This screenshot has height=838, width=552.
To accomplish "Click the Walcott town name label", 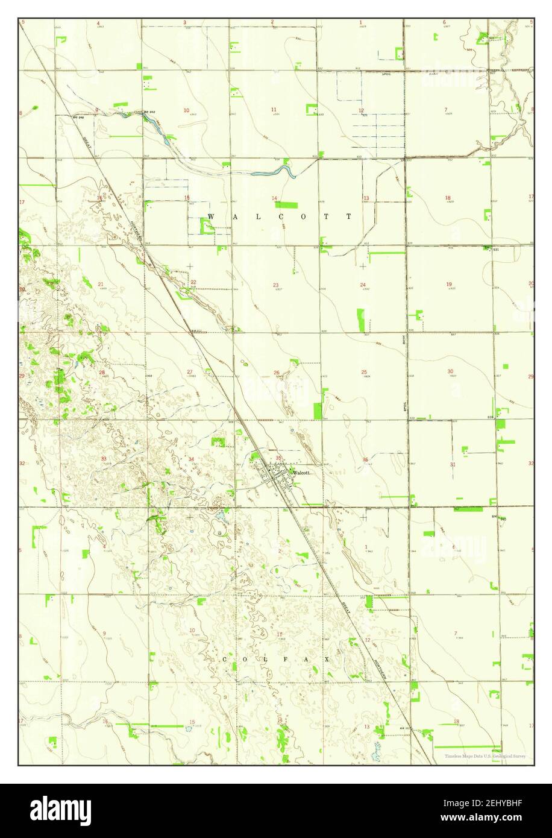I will coord(301,473).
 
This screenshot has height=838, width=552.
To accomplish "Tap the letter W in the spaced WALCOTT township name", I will coord(210,216).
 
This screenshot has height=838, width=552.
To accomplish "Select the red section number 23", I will coord(275,285).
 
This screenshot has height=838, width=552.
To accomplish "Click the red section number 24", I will coord(363,285).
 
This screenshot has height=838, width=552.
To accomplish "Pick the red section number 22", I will coord(193,282).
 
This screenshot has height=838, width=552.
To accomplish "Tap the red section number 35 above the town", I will coord(278,458).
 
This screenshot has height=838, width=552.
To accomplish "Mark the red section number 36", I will coord(365,460).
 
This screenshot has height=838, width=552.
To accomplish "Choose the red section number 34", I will coord(191,460).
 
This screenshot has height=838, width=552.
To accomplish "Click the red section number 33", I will coord(104,459).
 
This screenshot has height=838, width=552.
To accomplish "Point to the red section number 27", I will coord(189,372).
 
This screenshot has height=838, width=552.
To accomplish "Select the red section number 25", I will coord(364,372).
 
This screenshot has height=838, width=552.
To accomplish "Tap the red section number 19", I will coord(449,284).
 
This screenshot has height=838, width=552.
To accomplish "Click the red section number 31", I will coord(453,464).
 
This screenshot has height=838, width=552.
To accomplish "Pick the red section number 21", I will coord(101,284).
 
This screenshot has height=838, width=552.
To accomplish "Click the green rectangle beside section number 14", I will coord(286,205).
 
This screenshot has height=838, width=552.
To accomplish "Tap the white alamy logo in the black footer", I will coord(61,810).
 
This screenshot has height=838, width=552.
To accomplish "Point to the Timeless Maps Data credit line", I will coord(485,756).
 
